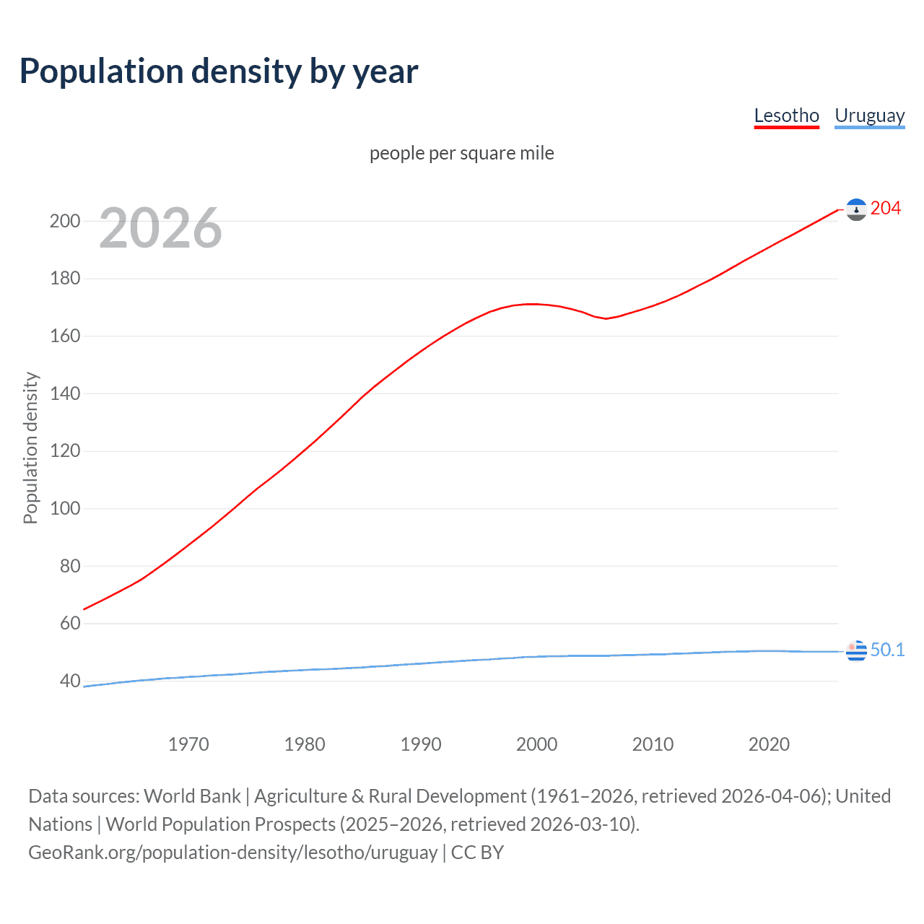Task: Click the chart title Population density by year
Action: pyautogui.click(x=219, y=71)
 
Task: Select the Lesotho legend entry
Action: pyautogui.click(x=786, y=115)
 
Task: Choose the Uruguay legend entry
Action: pyautogui.click(x=869, y=115)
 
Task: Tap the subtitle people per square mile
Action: pyautogui.click(x=461, y=153)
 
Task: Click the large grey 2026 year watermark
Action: pyautogui.click(x=160, y=228)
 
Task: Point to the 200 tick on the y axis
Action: pyautogui.click(x=65, y=221)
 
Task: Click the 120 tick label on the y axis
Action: pyautogui.click(x=65, y=451)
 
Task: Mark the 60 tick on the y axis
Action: pyautogui.click(x=69, y=624)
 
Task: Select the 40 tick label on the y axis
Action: pyautogui.click(x=69, y=681)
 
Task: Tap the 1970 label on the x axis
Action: pyautogui.click(x=188, y=744)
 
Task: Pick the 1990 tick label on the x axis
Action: pyautogui.click(x=421, y=744)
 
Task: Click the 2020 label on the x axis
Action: pyautogui.click(x=769, y=744)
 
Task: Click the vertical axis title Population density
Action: pyautogui.click(x=30, y=448)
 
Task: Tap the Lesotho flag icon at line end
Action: pyautogui.click(x=856, y=209)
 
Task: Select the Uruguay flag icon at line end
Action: pyautogui.click(x=856, y=651)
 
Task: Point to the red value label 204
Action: pyautogui.click(x=886, y=209)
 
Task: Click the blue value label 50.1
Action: pyautogui.click(x=887, y=650)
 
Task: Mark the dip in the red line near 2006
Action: pyautogui.click(x=606, y=318)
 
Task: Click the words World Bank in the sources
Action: pyautogui.click(x=192, y=796)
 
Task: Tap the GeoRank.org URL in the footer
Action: pyautogui.click(x=232, y=853)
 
